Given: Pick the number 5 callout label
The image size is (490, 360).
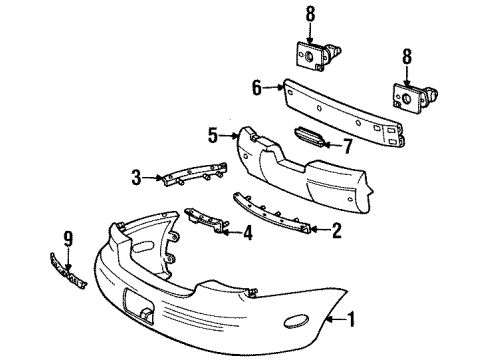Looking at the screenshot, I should (213, 131).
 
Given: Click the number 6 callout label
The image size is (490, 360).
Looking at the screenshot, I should (256, 87).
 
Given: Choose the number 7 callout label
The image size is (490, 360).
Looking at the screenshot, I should (348, 145).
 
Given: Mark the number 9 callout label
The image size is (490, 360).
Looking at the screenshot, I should (68, 237).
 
